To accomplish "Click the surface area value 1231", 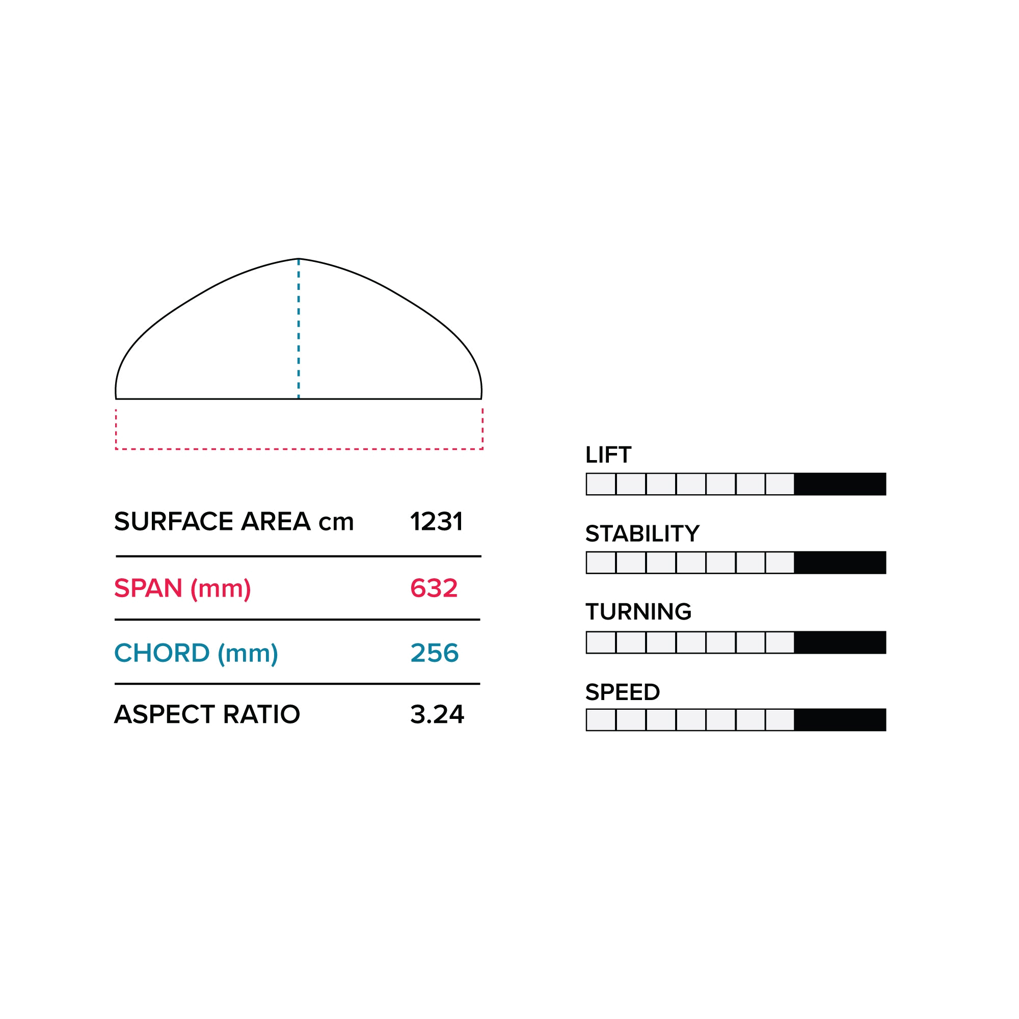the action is click(436, 522).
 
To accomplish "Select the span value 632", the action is click(434, 588).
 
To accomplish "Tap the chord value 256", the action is click(435, 653).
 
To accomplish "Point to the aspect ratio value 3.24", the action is click(437, 715).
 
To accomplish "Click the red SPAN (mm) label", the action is click(182, 588).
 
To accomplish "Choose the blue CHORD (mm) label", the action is click(196, 654).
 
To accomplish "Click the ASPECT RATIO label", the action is click(207, 715).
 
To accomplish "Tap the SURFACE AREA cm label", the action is click(234, 522).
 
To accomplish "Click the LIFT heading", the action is click(608, 454).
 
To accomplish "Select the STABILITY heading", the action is click(642, 534).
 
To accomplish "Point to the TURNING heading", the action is click(638, 612).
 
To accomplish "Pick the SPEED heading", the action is click(623, 692).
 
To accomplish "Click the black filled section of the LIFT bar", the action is click(840, 484).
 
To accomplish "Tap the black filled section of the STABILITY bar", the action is click(840, 562).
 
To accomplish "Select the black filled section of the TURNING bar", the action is click(840, 642).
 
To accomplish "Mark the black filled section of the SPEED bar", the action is click(840, 720).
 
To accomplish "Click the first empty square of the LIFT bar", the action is click(601, 484).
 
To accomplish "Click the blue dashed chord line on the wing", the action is click(299, 328).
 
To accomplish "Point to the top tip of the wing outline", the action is click(299, 258).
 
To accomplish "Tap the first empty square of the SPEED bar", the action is click(601, 720).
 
